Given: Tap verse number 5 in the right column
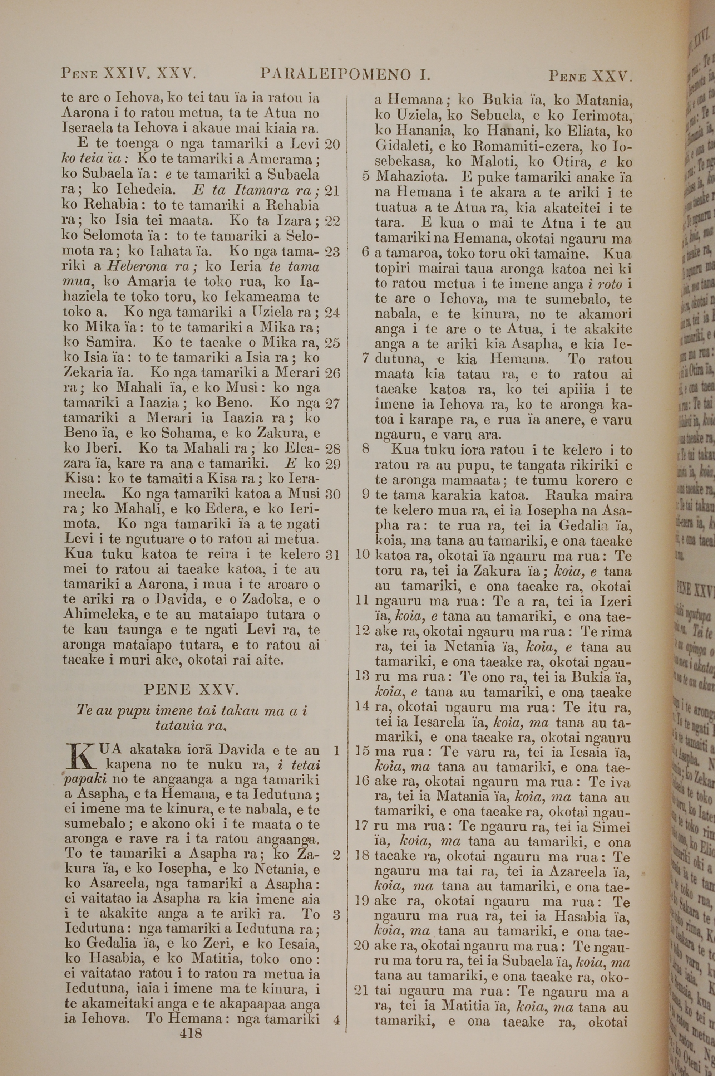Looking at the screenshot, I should click(x=365, y=176).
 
